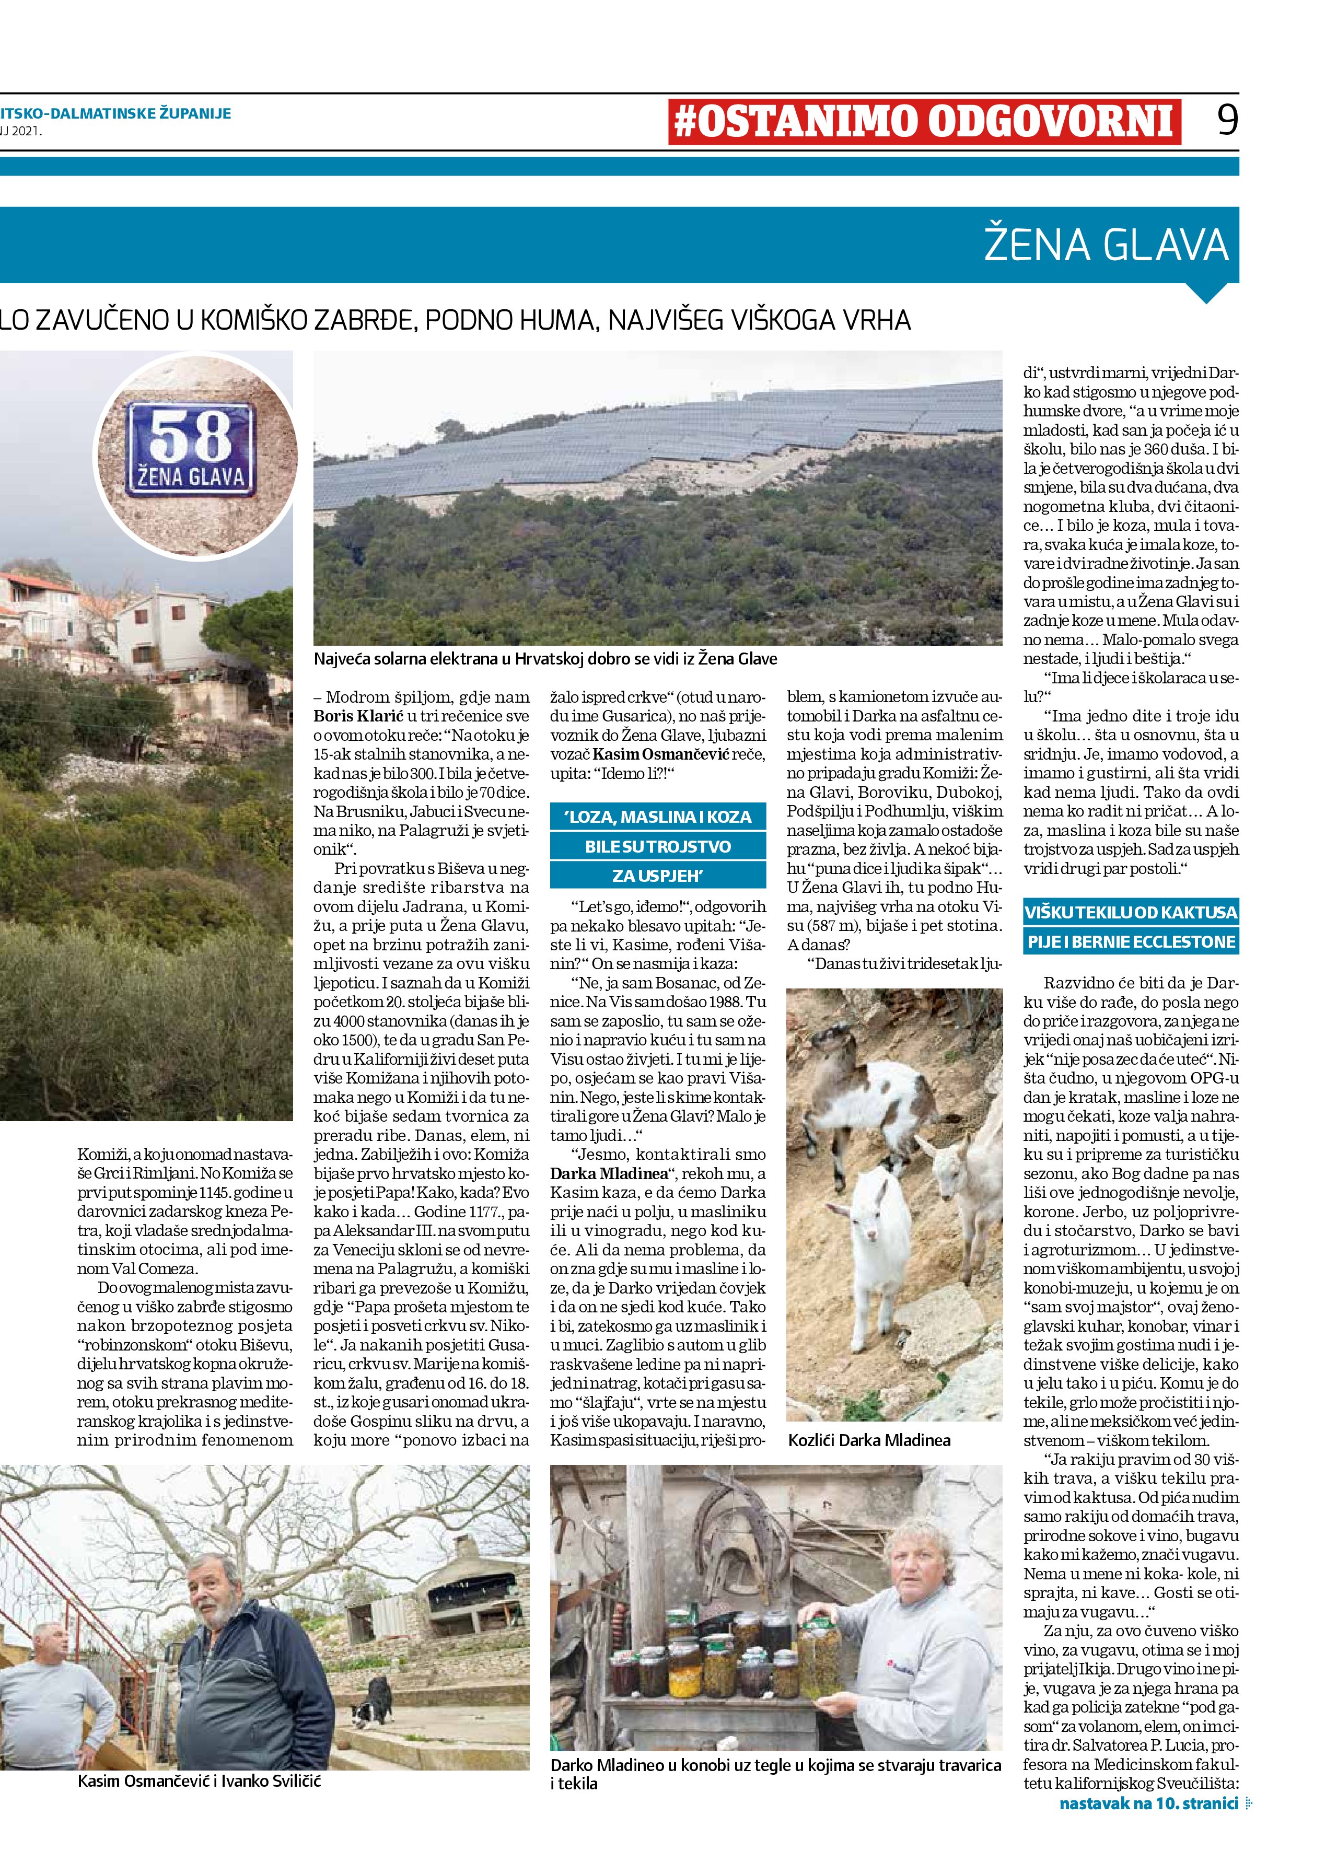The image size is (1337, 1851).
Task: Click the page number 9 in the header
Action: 1227,121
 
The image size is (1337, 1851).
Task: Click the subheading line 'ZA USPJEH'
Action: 658,876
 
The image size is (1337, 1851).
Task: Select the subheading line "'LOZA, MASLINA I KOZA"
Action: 658,817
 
